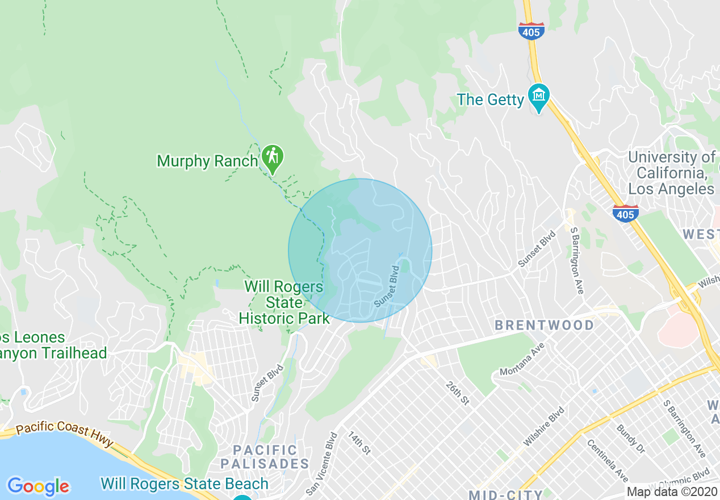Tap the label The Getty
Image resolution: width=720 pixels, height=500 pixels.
pos(490,100)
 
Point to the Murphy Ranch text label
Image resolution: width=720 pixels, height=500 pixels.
pos(207,161)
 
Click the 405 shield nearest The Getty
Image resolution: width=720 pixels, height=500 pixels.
pos(531,31)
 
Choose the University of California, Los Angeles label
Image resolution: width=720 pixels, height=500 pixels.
pos(672,173)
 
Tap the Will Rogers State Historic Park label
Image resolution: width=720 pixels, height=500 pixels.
pos(284,302)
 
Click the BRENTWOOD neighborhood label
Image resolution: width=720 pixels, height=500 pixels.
pos(544,326)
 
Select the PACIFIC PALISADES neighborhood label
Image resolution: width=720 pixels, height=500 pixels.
pos(265,457)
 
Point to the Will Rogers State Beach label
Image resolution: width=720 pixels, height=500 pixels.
pos(185,484)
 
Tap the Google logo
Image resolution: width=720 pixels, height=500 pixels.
pos(38,486)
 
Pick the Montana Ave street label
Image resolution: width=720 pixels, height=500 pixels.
pos(521,363)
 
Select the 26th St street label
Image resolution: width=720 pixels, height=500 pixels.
pos(457,393)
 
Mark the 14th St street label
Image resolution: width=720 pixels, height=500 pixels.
pos(359,443)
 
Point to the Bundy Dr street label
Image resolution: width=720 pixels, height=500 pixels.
pos(631,439)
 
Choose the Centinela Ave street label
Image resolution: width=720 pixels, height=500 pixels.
pos(606,461)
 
